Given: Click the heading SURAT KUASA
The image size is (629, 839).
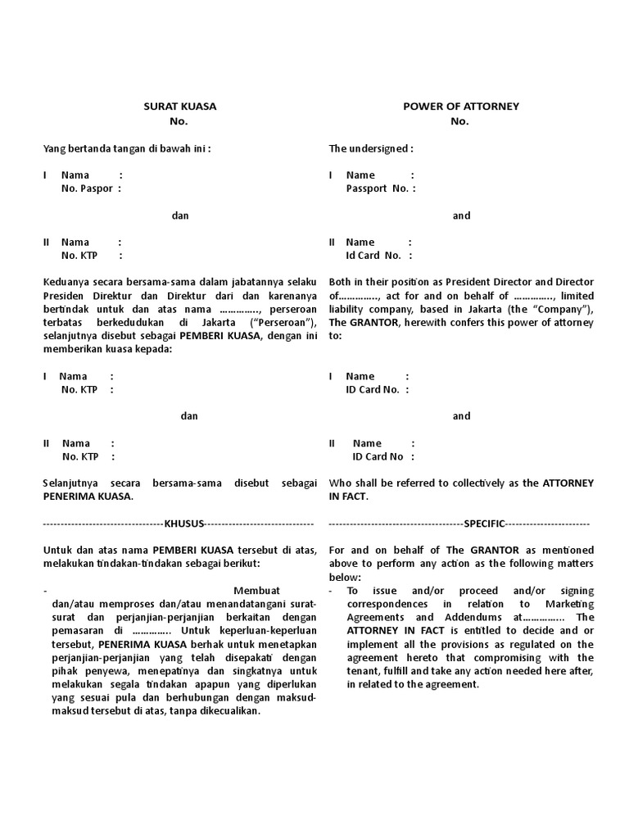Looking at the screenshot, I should (x=180, y=107).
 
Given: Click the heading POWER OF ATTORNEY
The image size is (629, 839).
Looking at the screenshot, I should (x=461, y=107).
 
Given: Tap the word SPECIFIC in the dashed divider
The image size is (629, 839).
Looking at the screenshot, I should (x=485, y=523).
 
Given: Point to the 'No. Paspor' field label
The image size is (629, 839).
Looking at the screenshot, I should (x=88, y=188).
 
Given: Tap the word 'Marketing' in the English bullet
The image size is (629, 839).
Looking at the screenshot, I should (x=572, y=604).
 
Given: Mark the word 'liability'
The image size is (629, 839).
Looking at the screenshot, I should (x=348, y=308).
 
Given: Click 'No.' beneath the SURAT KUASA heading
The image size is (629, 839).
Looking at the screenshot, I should (x=179, y=121).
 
